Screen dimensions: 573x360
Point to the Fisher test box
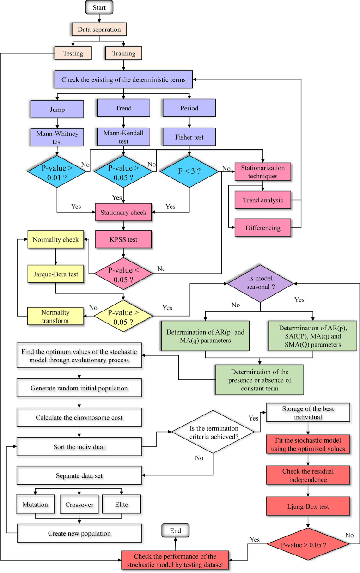coord(189,137)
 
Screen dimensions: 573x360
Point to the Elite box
coord(122,505)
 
